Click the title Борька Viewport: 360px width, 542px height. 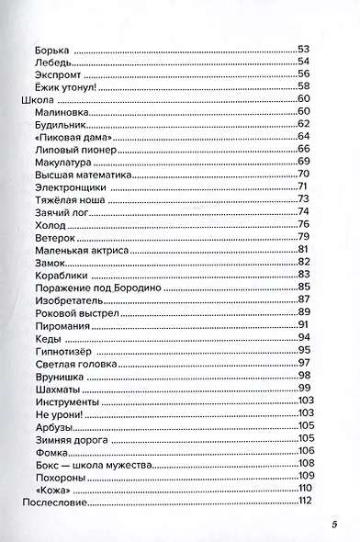(x=51, y=49)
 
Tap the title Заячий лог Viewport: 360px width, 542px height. (x=56, y=212)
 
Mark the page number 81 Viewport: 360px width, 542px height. (x=303, y=250)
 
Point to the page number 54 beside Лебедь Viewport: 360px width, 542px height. (x=303, y=62)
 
